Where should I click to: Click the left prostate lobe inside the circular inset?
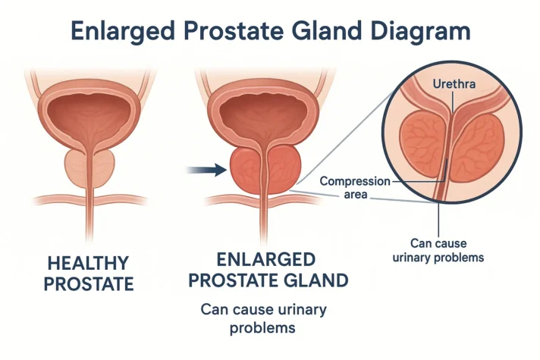click(421, 140)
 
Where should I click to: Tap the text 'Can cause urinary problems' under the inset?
click(438, 250)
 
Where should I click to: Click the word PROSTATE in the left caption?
click(89, 285)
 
